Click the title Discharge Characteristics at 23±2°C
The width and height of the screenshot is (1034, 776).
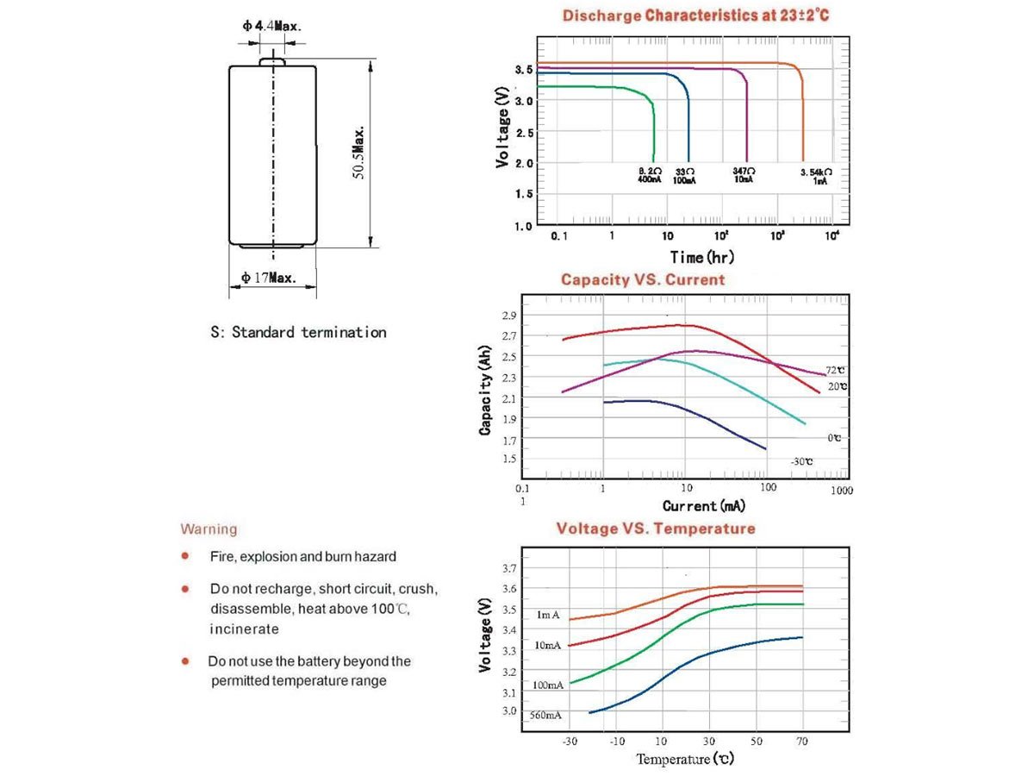tap(695, 16)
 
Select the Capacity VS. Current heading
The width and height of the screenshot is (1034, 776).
tap(643, 279)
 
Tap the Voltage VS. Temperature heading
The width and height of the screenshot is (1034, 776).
tap(655, 529)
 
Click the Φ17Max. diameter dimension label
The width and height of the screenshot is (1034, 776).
tap(269, 278)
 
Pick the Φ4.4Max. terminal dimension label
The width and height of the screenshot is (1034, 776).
tap(271, 26)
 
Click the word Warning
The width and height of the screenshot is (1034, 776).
tap(209, 529)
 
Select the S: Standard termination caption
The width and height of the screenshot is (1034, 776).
tap(299, 332)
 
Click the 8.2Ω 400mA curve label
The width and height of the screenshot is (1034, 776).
tap(649, 177)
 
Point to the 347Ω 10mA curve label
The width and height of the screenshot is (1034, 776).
tap(742, 177)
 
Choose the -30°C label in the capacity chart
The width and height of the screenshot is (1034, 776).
tap(801, 462)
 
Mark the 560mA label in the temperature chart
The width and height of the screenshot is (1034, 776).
tap(546, 716)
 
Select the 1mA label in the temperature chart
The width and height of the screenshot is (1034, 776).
tap(548, 615)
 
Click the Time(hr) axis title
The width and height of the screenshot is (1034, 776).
tap(702, 257)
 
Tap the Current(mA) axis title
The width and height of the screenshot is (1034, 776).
tap(704, 506)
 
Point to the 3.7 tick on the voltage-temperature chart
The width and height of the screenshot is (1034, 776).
tap(509, 569)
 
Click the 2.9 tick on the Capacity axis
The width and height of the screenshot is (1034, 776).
tap(509, 316)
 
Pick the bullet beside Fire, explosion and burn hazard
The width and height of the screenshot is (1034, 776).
tap(185, 557)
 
